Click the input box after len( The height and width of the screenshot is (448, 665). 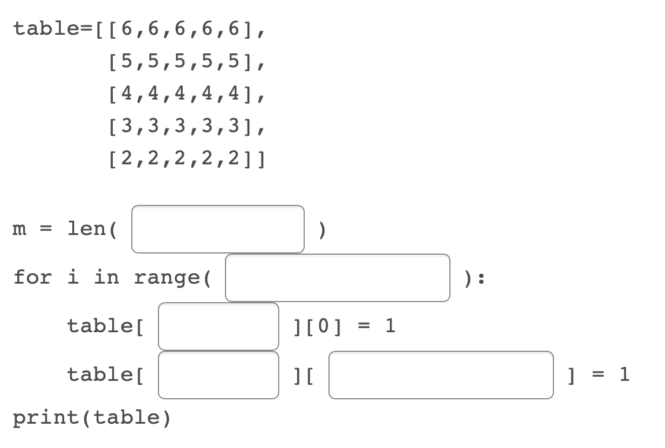point(218,229)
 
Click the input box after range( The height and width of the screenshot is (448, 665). point(337,278)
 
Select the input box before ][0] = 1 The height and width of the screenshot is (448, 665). point(218,326)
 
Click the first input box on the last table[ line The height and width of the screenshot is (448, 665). point(218,375)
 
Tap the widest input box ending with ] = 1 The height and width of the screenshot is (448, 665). point(441,375)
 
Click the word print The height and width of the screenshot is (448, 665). point(49,417)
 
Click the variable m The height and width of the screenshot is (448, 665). point(20,229)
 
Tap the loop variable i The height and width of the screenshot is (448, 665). point(73,277)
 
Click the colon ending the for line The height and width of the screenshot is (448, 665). point(482,278)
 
